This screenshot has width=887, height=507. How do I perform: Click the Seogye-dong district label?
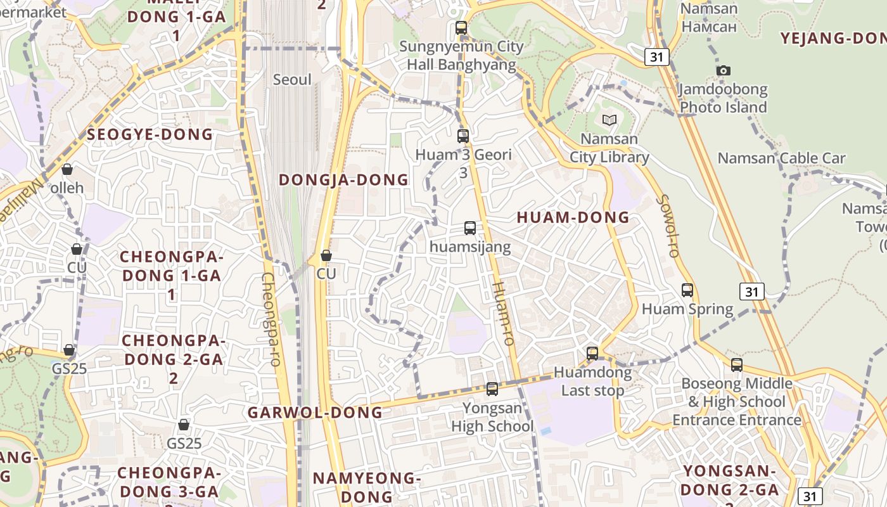(x=150, y=134)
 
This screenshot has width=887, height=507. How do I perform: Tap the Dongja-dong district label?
(x=343, y=180)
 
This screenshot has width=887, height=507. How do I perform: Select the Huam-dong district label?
(x=573, y=218)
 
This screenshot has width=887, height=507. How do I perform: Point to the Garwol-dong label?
(x=315, y=413)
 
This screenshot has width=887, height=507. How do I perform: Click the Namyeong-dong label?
(x=366, y=487)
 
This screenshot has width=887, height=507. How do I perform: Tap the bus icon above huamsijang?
(x=470, y=228)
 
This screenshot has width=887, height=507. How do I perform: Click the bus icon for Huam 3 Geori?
(x=463, y=136)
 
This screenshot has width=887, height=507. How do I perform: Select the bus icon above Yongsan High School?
(x=492, y=389)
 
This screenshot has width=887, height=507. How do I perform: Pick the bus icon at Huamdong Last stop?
(x=592, y=354)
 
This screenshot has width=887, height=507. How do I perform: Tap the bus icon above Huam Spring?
(x=687, y=290)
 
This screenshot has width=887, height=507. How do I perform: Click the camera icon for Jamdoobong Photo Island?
(x=723, y=70)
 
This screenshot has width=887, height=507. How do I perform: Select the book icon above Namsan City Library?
(x=609, y=120)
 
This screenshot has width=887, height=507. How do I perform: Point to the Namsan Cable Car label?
(x=781, y=158)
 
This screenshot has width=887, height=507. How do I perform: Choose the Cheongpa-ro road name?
(x=271, y=319)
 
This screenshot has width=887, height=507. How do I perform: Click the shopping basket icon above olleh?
(x=67, y=169)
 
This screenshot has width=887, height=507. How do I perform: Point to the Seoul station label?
(x=292, y=80)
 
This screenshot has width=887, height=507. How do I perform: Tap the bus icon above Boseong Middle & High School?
(x=736, y=365)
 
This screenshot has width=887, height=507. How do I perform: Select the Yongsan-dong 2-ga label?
(x=729, y=480)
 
